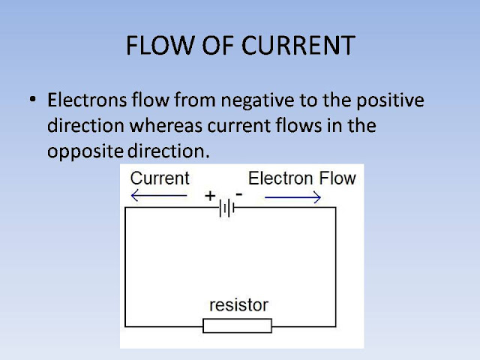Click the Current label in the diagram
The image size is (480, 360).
160,178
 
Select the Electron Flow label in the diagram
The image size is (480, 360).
301,178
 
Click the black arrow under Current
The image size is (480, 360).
158,196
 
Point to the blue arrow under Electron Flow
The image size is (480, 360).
293,197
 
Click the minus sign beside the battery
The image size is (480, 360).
238,193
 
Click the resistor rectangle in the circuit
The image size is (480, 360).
238,325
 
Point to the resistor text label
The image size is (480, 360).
238,305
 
